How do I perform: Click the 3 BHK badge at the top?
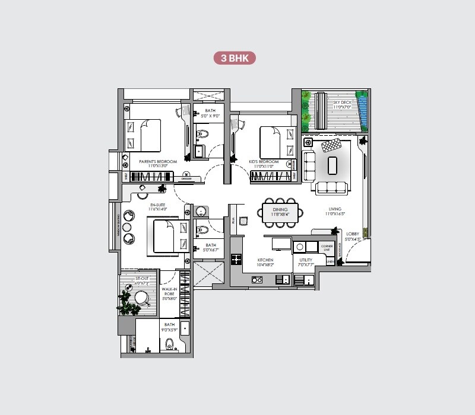(x=235, y=58)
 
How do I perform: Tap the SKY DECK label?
(x=342, y=104)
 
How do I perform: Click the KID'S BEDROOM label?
(x=264, y=162)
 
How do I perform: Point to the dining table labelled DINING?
(x=280, y=212)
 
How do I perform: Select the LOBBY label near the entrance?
(x=353, y=235)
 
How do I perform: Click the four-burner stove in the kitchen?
(x=236, y=258)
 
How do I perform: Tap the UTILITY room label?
(x=305, y=260)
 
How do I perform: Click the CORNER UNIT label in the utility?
(x=326, y=248)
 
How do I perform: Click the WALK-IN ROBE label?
(x=170, y=294)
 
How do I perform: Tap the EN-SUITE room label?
(x=158, y=206)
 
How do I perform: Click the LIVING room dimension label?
(x=335, y=212)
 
